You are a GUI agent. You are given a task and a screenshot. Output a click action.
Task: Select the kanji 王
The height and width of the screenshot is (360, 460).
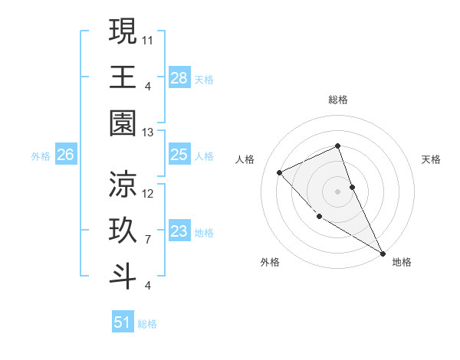pyautogui.click(x=123, y=77)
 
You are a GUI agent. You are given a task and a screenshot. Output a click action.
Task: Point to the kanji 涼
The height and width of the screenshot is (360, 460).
pyautogui.click(x=123, y=184)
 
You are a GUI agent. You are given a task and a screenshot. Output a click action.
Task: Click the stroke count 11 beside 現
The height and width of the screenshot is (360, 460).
pyautogui.click(x=149, y=38)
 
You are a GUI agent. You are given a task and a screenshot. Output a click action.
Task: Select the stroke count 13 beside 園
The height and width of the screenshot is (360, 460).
pyautogui.click(x=149, y=132)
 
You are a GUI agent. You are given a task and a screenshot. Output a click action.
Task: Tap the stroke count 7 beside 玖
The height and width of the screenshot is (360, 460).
pyautogui.click(x=148, y=240)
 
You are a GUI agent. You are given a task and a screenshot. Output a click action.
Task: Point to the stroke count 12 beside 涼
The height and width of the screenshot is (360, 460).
pyautogui.click(x=149, y=193)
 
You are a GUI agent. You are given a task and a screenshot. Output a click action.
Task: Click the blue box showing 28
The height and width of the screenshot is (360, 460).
pyautogui.click(x=179, y=78)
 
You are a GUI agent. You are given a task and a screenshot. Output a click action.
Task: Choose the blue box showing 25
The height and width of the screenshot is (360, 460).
pyautogui.click(x=179, y=155)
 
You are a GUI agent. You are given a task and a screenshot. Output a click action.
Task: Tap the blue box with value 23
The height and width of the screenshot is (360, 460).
pyautogui.click(x=179, y=232)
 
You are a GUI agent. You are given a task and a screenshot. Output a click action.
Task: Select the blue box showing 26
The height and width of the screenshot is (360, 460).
pyautogui.click(x=65, y=155)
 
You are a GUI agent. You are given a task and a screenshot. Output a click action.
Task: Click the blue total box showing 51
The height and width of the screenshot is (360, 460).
pyautogui.click(x=123, y=322)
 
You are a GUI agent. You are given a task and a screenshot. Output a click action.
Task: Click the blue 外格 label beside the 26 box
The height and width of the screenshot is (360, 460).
pyautogui.click(x=41, y=156)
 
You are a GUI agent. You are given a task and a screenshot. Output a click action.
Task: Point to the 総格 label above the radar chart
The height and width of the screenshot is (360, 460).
pyautogui.click(x=338, y=100)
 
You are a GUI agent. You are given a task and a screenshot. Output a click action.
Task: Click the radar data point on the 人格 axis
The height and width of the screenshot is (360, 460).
pyautogui.click(x=280, y=172)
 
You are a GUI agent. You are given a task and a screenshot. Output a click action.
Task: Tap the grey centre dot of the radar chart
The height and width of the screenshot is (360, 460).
pyautogui.click(x=338, y=191)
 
